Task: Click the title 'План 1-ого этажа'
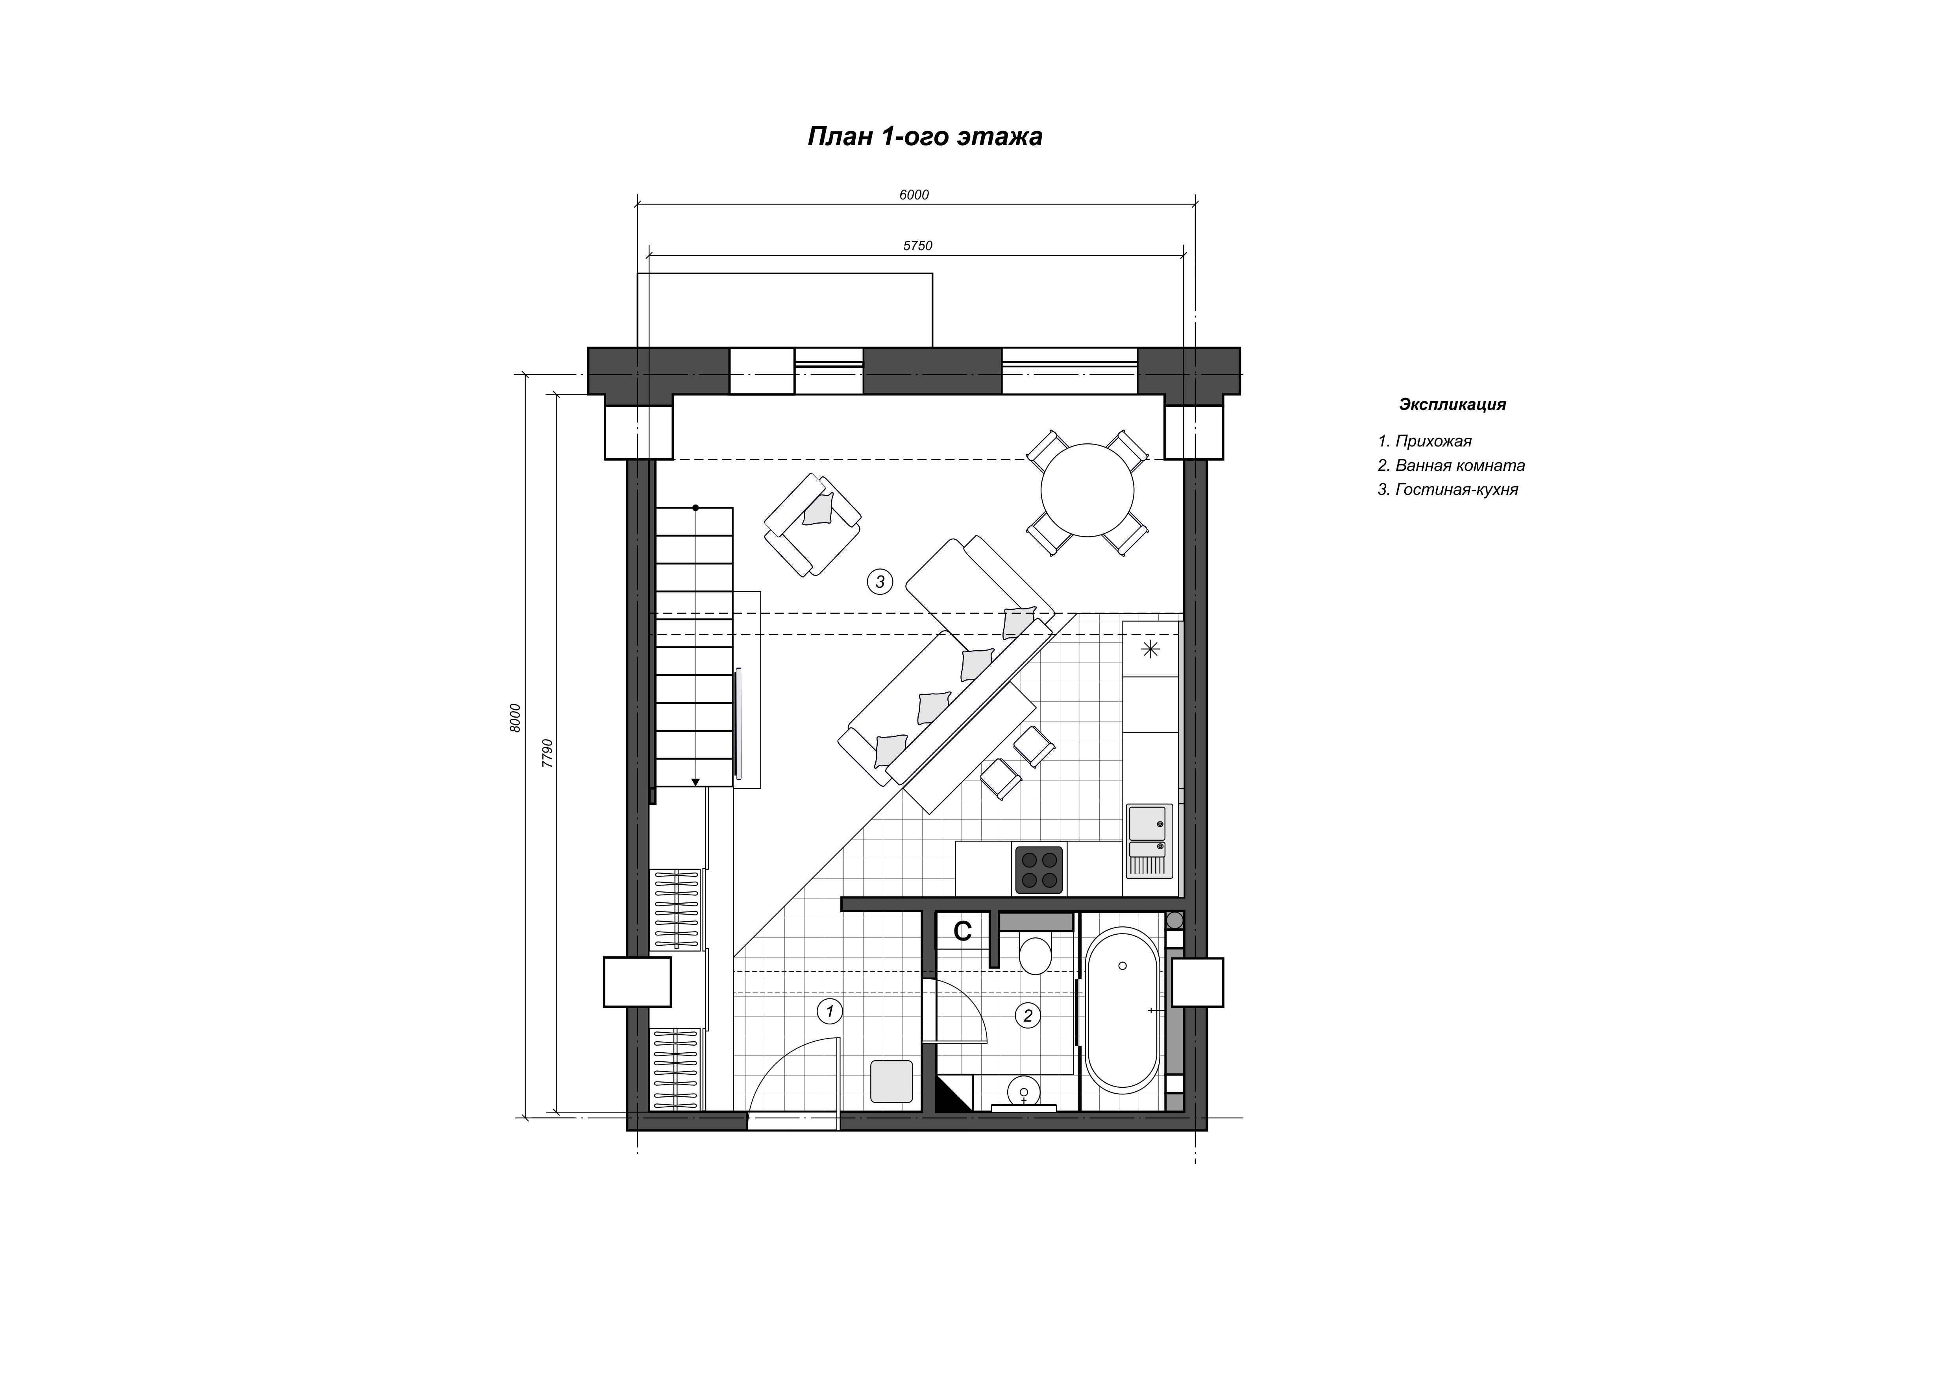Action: click(925, 137)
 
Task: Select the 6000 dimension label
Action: click(914, 195)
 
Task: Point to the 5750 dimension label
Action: click(918, 246)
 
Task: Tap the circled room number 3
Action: click(880, 581)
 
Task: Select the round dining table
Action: click(1088, 490)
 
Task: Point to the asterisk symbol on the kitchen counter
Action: click(1150, 650)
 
